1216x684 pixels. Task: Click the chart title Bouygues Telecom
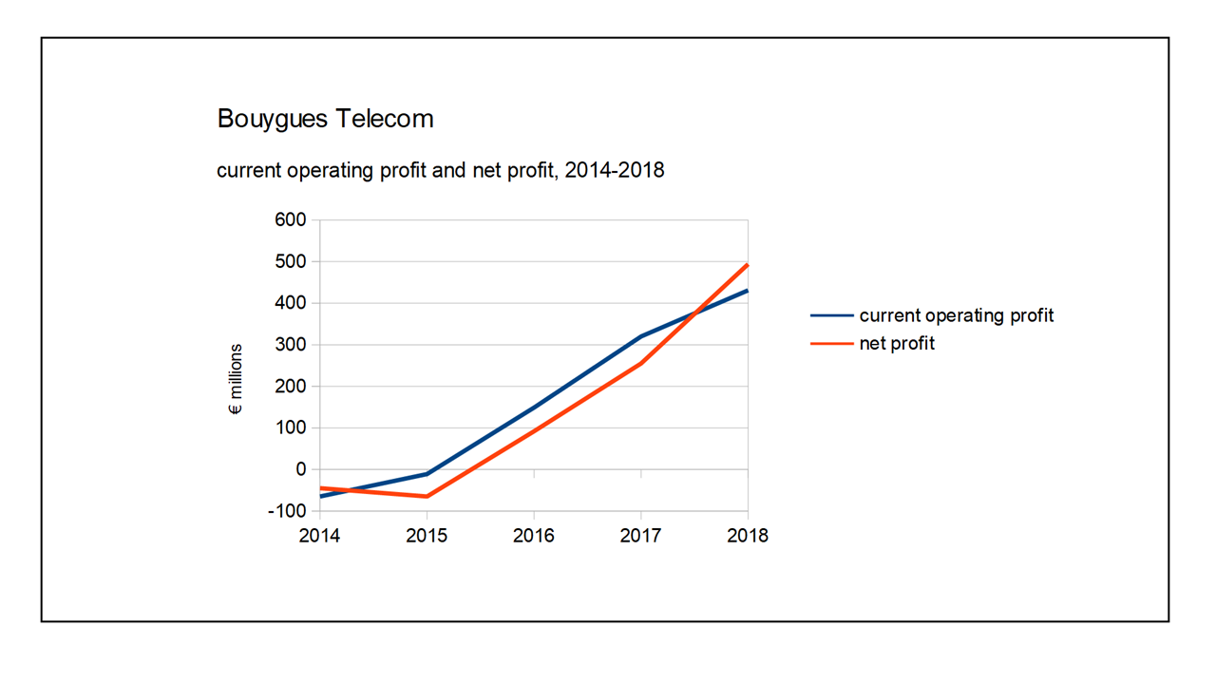(x=325, y=119)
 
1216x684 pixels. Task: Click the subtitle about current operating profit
(x=440, y=171)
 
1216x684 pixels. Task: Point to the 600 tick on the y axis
(x=291, y=220)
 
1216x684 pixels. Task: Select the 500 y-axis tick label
(x=291, y=261)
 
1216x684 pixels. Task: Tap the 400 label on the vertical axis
(x=291, y=303)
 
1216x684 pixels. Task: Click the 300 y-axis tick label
(x=291, y=345)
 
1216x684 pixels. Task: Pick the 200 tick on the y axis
(x=291, y=387)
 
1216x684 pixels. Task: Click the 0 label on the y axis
(x=301, y=469)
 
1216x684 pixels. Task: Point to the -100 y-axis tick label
(x=288, y=511)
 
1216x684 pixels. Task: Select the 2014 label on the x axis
(x=320, y=536)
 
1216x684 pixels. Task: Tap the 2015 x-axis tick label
(x=427, y=536)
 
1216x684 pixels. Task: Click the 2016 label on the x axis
(x=534, y=536)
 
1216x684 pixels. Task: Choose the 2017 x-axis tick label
(x=640, y=536)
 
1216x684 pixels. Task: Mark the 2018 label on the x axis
(x=748, y=536)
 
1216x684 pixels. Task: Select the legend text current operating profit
(x=956, y=315)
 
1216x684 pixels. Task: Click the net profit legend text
(x=897, y=343)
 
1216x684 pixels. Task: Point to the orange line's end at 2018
(x=748, y=265)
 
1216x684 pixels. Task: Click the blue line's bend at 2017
(x=641, y=336)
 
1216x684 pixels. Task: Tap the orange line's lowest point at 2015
(x=427, y=497)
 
